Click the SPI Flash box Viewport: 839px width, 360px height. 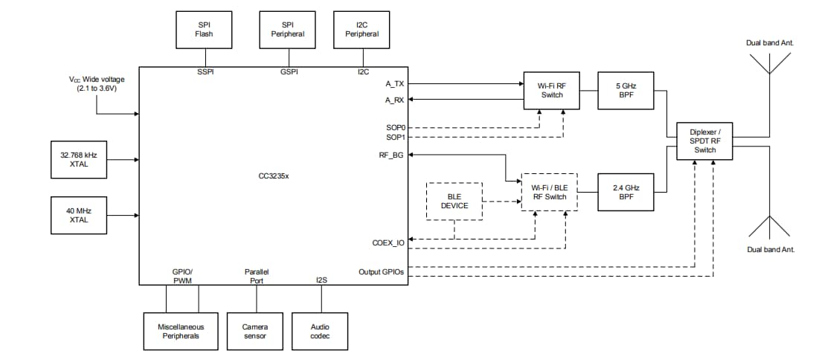(x=204, y=29)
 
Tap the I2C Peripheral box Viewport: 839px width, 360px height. (x=362, y=29)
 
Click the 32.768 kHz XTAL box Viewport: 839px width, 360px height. (x=79, y=159)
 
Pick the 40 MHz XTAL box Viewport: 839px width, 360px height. (x=79, y=216)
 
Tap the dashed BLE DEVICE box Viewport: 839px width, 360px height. (x=454, y=201)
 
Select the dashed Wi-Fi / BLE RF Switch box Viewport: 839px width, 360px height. (x=550, y=192)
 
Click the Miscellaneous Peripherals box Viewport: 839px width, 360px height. (x=181, y=331)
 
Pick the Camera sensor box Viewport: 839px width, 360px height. (x=255, y=331)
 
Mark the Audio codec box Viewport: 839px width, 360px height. (x=321, y=331)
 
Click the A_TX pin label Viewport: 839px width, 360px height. (x=394, y=83)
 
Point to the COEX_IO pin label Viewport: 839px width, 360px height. (x=389, y=243)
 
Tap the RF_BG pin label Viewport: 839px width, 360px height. (x=391, y=155)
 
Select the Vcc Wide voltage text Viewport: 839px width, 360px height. (x=97, y=83)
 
